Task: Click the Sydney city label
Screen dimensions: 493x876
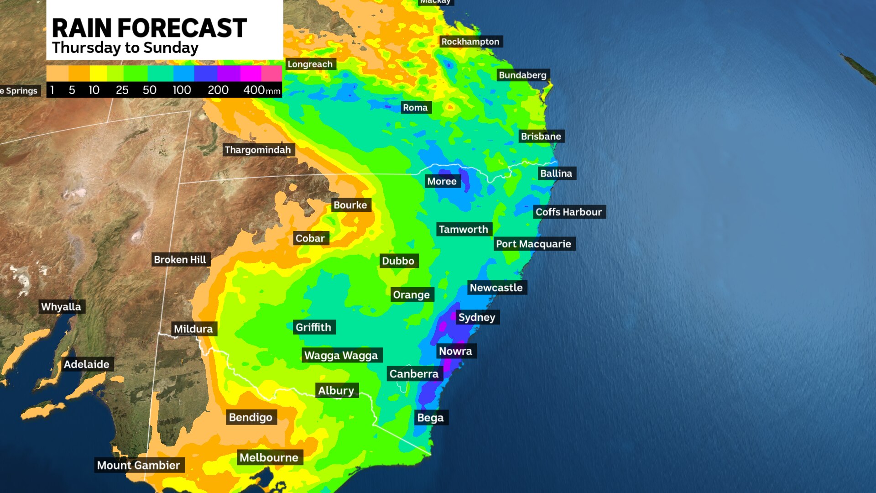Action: click(x=477, y=317)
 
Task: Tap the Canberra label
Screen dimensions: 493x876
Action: click(x=414, y=374)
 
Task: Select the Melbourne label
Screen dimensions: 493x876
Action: click(x=269, y=457)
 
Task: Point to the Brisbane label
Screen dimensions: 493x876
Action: click(x=541, y=136)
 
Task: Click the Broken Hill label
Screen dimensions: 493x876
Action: click(x=180, y=260)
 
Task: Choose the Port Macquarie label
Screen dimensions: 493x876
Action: click(x=533, y=244)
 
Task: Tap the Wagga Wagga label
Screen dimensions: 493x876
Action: click(x=341, y=355)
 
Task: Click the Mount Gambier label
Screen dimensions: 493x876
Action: click(x=139, y=465)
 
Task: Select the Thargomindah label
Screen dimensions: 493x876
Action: click(x=258, y=150)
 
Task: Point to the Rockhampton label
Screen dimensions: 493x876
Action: click(x=470, y=42)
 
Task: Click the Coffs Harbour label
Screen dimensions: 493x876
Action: click(x=568, y=212)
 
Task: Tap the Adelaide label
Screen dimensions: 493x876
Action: click(x=87, y=364)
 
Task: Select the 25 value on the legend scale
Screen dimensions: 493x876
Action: click(x=122, y=90)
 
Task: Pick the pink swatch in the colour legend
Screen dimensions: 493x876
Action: click(x=271, y=73)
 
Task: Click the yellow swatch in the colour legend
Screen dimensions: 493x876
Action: click(x=98, y=73)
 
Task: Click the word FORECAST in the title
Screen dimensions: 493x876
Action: click(x=182, y=28)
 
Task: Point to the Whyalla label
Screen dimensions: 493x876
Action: click(x=61, y=307)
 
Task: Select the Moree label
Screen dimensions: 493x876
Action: click(x=442, y=181)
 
